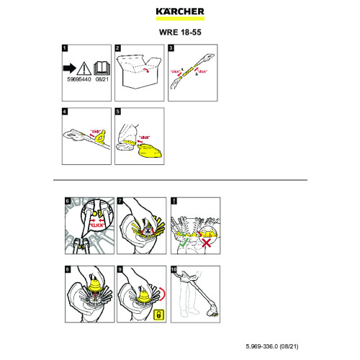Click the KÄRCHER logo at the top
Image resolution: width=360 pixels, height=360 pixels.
pyautogui.click(x=179, y=12)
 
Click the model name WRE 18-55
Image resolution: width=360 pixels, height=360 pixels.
pyautogui.click(x=179, y=32)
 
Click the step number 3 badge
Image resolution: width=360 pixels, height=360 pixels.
pyautogui.click(x=171, y=48)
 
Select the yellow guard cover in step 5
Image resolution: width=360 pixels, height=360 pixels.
pyautogui.click(x=148, y=150)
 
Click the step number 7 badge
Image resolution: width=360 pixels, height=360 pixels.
pyautogui.click(x=118, y=199)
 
